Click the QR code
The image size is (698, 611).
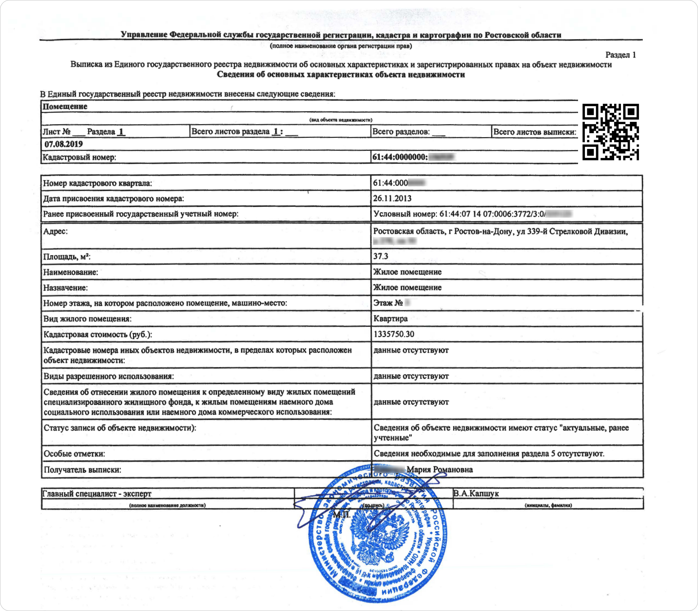(610, 132)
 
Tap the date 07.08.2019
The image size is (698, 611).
(64, 144)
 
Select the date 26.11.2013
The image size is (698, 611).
(392, 198)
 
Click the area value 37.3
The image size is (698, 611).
(380, 256)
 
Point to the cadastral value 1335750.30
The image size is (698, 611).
(394, 334)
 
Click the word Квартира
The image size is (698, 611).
(390, 318)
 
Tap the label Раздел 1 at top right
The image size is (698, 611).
(620, 55)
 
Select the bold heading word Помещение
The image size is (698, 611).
(65, 106)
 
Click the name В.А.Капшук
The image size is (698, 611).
(476, 493)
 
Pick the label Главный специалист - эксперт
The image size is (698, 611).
(96, 494)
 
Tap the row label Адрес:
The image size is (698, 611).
(55, 231)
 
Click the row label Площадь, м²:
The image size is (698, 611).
(67, 257)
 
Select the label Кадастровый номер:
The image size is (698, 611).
(79, 157)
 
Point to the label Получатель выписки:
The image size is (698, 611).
(82, 469)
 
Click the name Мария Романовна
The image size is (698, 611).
(440, 469)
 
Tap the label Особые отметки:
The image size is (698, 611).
(74, 453)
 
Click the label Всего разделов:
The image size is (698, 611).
(401, 132)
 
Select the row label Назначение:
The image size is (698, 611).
(65, 288)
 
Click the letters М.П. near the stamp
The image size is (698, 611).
(342, 514)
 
